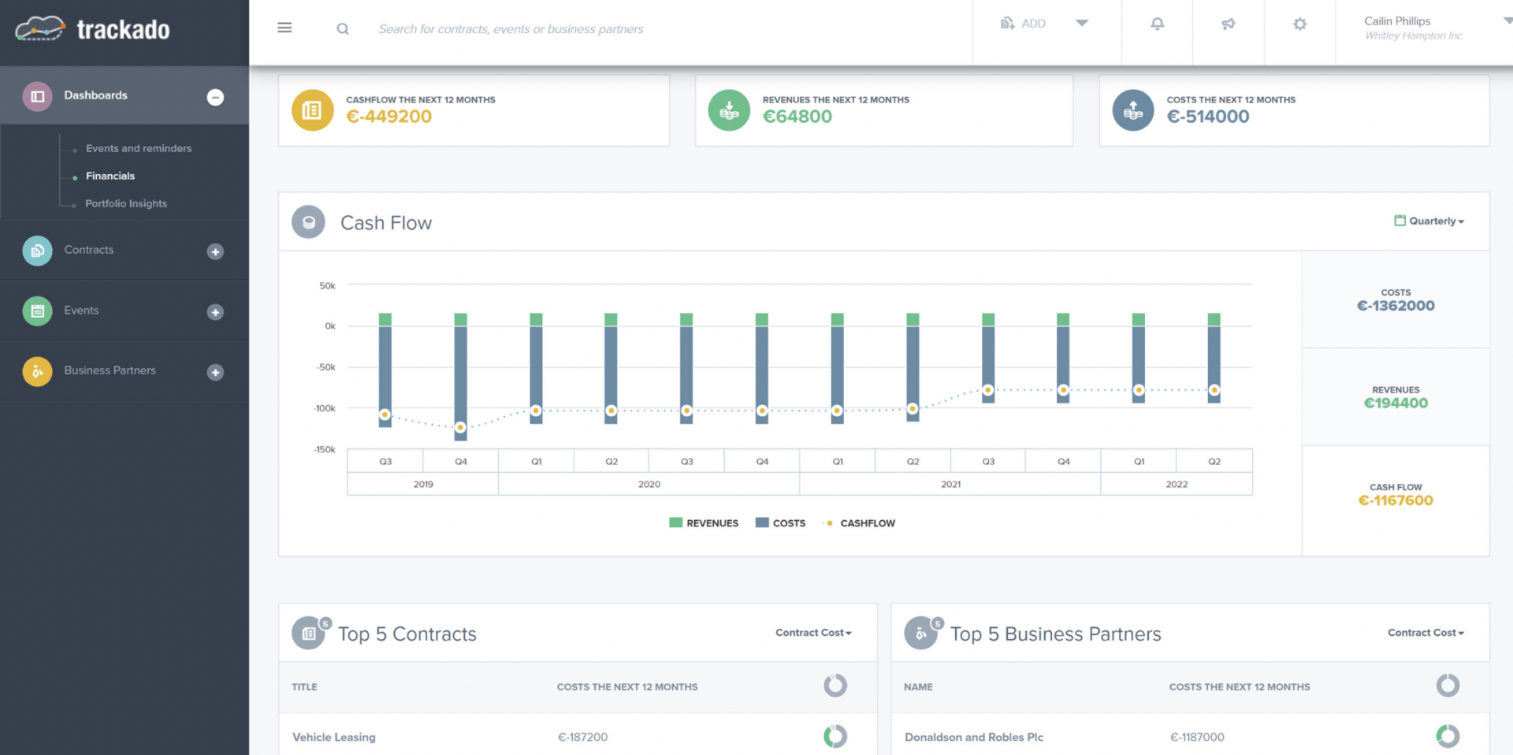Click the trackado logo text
123,30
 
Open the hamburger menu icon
284,28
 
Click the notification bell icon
1157,24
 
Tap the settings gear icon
1299,24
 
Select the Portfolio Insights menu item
126,203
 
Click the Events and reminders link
139,148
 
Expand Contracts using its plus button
215,251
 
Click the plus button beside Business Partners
215,372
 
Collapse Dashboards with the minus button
215,97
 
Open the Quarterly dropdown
1430,221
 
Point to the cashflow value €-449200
388,117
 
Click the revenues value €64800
797,117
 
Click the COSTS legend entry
780,523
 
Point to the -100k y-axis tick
325,408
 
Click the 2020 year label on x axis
649,484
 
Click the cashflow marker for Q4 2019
461,427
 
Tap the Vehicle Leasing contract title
334,737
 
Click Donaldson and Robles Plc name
973,737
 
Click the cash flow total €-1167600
1395,500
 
